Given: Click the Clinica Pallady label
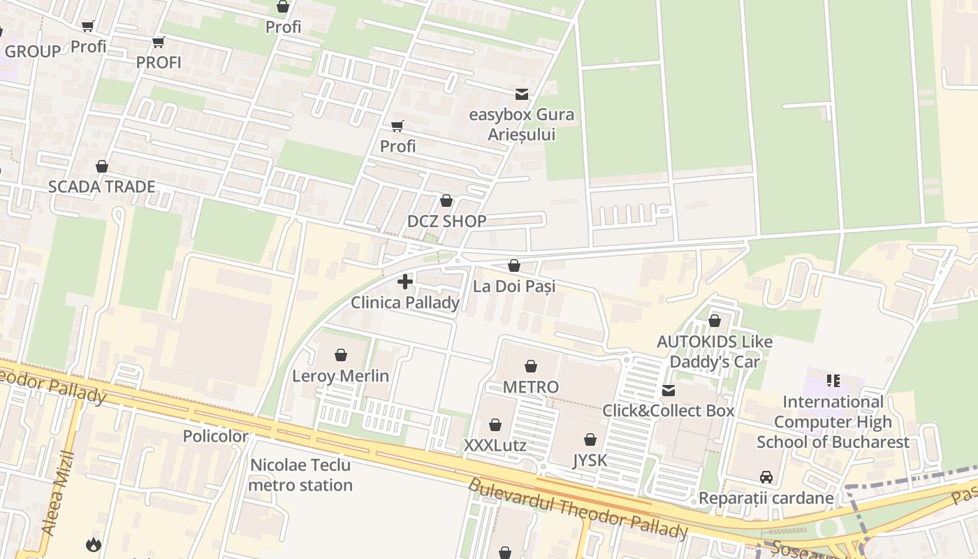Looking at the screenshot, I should pos(405,303).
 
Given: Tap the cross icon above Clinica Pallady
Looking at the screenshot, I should pos(405,282).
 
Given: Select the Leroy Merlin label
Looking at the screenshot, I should pos(340,376).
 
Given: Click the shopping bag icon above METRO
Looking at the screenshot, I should pos(531,366).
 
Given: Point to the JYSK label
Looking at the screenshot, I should pos(590,460).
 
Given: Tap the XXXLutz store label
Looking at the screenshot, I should pos(495,446).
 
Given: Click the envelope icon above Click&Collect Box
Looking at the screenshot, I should pos(669,390).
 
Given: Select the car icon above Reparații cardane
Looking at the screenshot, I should pos(766,477).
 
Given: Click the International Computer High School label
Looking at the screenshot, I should pos(833,422).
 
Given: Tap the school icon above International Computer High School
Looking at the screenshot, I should pos(833,381).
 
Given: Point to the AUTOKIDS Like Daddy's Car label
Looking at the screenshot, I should pos(715,351).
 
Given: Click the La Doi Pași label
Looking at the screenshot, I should pos(514,286).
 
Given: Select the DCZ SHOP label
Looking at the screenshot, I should pos(446,222).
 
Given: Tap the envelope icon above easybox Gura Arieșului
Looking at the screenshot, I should pos(521,94).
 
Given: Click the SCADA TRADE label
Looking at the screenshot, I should pos(101,187).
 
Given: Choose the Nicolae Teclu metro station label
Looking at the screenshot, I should pos(301,475).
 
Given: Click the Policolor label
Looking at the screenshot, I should pos(215,437).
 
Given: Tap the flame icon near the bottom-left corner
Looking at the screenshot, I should pos(93,544).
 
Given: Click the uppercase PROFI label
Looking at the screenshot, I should pos(159,62).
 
